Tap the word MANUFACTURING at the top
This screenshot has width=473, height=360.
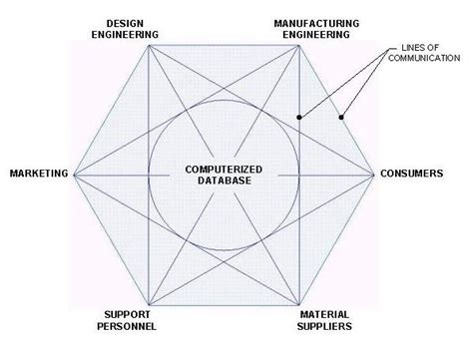(x=311, y=22)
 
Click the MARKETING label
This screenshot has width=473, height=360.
(x=38, y=174)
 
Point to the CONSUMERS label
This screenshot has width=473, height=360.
(x=411, y=174)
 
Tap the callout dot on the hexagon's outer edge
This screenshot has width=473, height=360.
(x=341, y=118)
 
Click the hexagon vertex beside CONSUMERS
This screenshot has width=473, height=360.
(x=376, y=175)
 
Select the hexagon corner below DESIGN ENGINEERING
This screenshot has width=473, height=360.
(x=149, y=45)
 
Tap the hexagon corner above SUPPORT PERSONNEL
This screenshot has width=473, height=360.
(x=149, y=305)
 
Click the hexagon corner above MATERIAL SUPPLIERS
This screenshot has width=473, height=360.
(x=299, y=305)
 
